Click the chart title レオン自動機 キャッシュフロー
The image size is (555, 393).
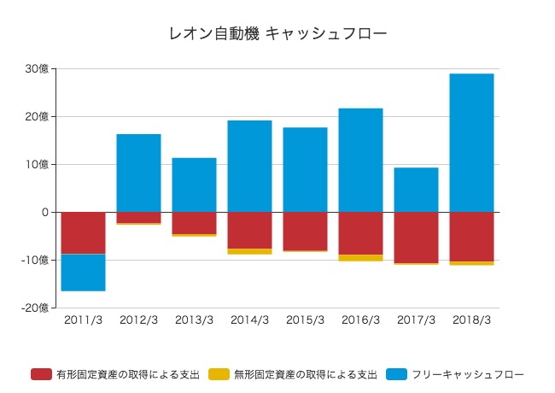coord(278,34)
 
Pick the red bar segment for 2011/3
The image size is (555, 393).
coord(83,232)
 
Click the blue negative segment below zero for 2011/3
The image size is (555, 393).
coord(83,273)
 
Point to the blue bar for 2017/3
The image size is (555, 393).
coord(416,190)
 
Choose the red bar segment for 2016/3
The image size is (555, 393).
coord(360,233)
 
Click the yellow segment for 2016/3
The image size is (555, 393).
coord(360,257)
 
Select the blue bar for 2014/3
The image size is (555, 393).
coord(249,166)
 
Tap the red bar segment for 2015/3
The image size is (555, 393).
coord(305,231)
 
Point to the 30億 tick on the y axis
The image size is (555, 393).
coord(37,69)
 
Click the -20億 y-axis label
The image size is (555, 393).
coord(35,308)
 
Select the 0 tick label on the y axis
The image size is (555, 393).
coord(44,212)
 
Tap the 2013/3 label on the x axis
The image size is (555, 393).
coord(194,320)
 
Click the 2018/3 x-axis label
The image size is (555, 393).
coord(471,320)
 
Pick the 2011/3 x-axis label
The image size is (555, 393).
coord(83,320)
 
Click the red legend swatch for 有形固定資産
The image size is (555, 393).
coord(41,374)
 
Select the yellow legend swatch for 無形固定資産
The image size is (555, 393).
coord(219,374)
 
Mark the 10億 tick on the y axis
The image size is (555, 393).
coord(37,165)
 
